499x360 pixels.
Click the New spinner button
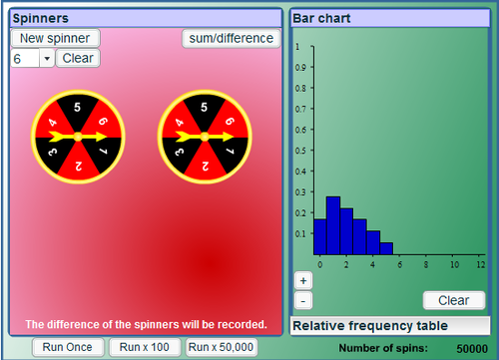56,38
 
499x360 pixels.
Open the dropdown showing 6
32,58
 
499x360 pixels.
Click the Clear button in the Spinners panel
77,58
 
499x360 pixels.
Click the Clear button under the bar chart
454,300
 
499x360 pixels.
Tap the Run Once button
69,347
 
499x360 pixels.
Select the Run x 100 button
145,347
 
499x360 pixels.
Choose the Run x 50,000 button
221,347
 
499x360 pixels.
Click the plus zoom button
303,281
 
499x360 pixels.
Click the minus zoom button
303,300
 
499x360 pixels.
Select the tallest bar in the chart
333,226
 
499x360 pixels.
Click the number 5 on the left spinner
77,106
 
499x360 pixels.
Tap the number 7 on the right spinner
229,151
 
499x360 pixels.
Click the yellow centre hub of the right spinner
204,136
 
